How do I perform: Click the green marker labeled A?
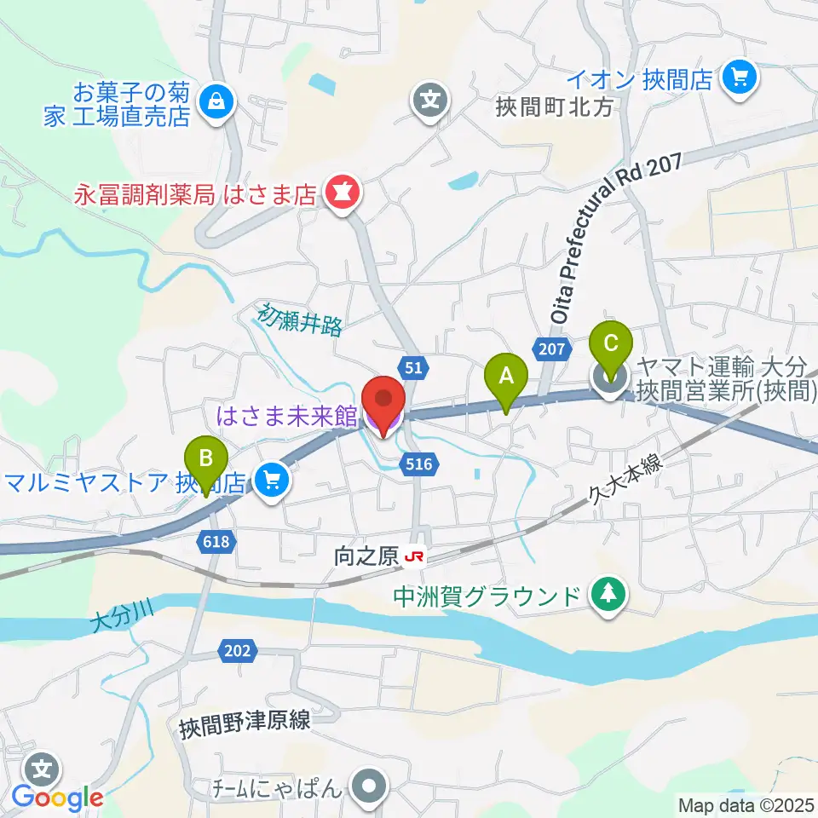pyautogui.click(x=506, y=376)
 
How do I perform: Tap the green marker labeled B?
pyautogui.click(x=205, y=458)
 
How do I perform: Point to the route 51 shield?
pyautogui.click(x=413, y=367)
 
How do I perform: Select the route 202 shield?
pyautogui.click(x=238, y=652)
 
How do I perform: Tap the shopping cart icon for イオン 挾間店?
pyautogui.click(x=738, y=79)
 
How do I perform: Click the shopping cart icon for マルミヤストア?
pyautogui.click(x=273, y=481)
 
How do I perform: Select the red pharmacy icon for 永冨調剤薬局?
pyautogui.click(x=343, y=194)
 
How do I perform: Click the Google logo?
pyautogui.click(x=58, y=798)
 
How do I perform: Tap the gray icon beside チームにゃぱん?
pyautogui.click(x=369, y=786)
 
